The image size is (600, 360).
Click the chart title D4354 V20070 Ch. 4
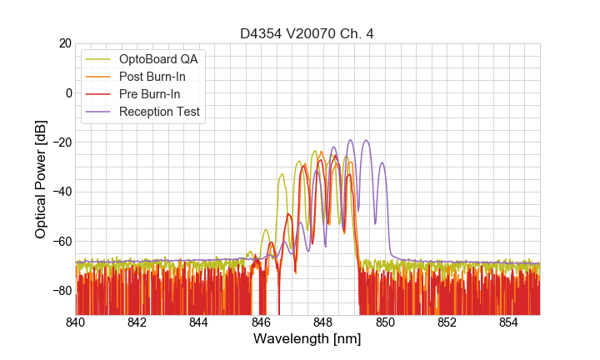307,34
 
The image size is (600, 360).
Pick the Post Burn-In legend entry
152,77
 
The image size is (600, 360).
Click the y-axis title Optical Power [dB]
41,178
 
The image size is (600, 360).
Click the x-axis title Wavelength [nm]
307,339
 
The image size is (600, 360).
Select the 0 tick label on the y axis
68,92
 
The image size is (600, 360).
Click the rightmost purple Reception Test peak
382,163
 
